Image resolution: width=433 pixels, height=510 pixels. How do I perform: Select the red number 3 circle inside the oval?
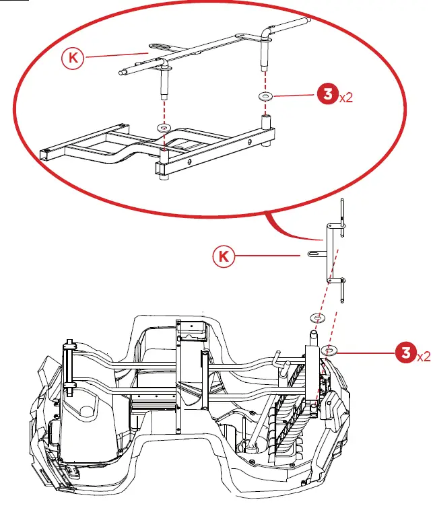[327, 96]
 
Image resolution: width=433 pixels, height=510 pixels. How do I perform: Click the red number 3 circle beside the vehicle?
[404, 353]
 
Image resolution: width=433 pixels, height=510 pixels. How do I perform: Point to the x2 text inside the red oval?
[346, 98]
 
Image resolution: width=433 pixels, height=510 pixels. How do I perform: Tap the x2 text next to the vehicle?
[424, 355]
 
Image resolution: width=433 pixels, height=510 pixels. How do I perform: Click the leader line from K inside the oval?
[114, 54]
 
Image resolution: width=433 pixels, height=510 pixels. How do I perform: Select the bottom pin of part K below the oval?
[343, 293]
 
